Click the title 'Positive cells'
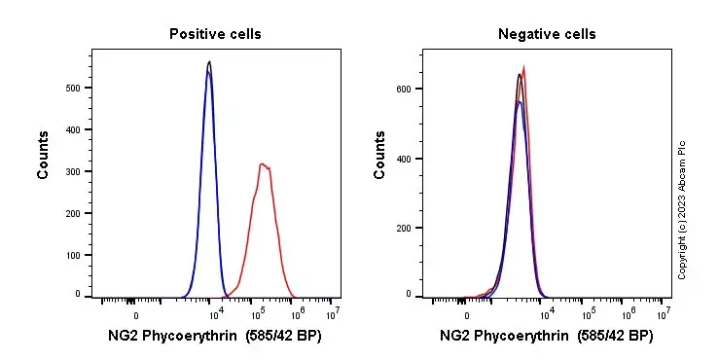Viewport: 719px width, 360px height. [215, 34]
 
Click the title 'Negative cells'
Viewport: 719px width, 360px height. [547, 34]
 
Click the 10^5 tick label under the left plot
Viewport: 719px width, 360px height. [258, 313]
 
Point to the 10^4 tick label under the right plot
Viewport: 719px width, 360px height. [547, 313]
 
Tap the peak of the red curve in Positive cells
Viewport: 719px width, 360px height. [263, 164]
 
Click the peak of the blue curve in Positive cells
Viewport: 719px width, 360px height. [208, 71]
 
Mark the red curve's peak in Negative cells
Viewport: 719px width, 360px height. [524, 66]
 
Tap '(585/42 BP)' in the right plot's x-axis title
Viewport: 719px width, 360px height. [612, 337]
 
